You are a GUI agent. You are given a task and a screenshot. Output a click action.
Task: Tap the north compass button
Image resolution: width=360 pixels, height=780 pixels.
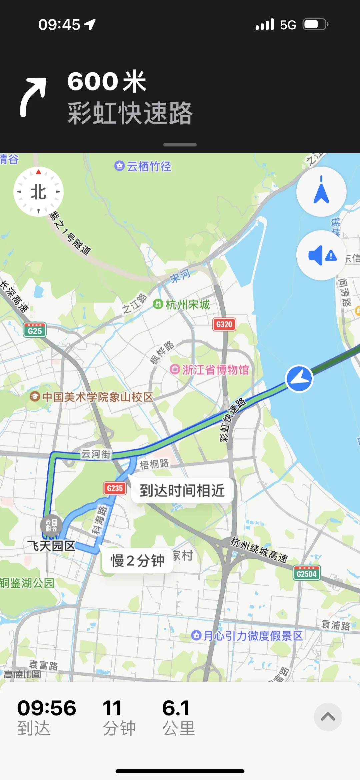tap(38, 192)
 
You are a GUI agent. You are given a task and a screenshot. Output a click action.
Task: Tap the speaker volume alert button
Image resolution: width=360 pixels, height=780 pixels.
tap(321, 256)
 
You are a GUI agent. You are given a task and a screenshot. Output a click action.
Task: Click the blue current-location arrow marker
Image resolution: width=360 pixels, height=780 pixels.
tap(299, 379)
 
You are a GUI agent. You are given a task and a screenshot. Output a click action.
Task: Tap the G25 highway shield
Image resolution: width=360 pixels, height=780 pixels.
tap(35, 330)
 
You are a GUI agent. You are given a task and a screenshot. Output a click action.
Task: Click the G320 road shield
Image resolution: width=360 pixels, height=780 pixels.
tap(224, 324)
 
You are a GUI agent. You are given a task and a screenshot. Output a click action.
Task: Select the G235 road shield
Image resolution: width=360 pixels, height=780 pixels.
tap(115, 488)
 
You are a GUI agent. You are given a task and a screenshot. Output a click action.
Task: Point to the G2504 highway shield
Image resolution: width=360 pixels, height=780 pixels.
tap(306, 573)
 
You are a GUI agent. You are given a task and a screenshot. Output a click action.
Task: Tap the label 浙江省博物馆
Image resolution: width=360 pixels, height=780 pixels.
tap(215, 370)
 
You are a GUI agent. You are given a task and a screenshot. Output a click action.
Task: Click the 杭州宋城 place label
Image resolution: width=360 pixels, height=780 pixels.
tap(187, 304)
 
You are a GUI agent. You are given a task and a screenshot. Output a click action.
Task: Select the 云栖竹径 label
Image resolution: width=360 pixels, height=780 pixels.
tap(149, 166)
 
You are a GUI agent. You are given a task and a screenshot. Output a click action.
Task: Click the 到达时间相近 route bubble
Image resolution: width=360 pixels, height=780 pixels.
tap(182, 490)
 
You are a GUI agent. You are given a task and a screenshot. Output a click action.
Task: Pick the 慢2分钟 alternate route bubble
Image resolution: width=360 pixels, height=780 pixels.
tap(137, 560)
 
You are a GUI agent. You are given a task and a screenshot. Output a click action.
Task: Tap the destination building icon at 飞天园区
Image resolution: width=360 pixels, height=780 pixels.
tap(51, 525)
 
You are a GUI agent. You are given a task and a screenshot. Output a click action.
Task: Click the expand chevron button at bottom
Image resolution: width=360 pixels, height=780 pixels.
tap(328, 717)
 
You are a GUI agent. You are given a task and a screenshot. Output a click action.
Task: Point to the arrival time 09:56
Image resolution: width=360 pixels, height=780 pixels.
tap(47, 708)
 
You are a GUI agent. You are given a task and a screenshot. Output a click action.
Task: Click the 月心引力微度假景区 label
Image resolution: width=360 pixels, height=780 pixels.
tap(253, 636)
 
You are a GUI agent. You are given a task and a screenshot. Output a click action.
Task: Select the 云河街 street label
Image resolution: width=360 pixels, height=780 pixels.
tap(96, 454)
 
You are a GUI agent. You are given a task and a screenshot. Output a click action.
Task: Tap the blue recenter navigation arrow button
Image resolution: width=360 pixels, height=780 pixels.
tap(321, 192)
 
